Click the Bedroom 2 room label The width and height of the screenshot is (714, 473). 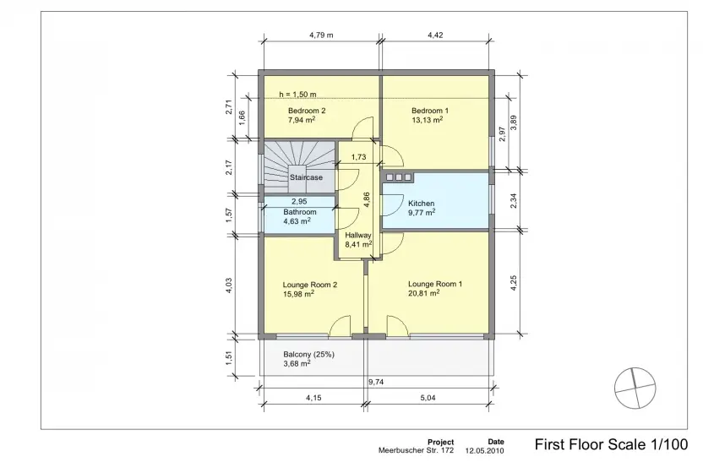coord(307,111)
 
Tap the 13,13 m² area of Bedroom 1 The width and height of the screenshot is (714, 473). coord(427,120)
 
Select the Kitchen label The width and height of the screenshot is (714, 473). coord(421,203)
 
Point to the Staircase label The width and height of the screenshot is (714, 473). coord(306,177)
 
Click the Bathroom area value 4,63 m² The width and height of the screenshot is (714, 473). coord(297,221)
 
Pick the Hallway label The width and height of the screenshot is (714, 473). coord(358,236)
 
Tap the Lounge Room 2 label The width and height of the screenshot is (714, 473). coord(309,285)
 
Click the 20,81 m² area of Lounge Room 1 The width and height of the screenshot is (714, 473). coord(423,294)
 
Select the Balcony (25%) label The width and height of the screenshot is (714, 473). coord(308,354)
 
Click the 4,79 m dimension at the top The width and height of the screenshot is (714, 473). coord(321,35)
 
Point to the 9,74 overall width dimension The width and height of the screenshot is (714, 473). coord(376,382)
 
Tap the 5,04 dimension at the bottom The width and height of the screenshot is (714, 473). coord(428,398)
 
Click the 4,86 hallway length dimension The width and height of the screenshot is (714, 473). coord(367,200)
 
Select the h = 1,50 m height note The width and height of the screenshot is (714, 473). coord(297,95)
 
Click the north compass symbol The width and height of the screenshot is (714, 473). coord(635,389)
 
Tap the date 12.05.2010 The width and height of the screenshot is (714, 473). coord(484,451)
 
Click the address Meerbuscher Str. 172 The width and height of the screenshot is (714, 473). coord(416,451)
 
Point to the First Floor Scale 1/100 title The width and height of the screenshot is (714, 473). coord(611,444)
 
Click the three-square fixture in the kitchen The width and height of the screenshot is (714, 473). coord(399,177)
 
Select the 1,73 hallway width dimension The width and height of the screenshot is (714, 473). coord(358,157)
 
